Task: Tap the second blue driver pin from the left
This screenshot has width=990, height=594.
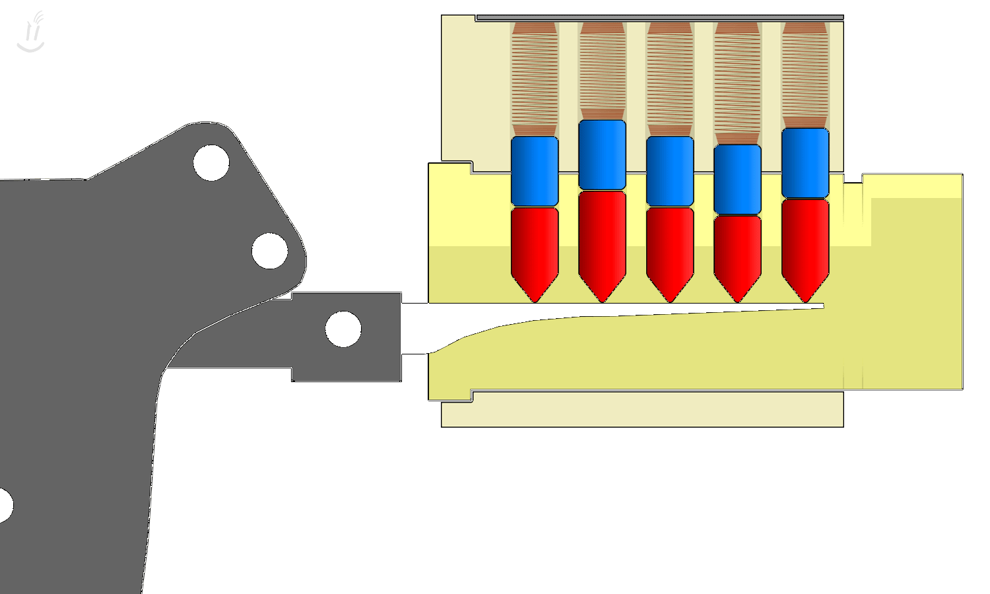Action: [602, 155]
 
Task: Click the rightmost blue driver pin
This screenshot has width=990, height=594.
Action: [805, 163]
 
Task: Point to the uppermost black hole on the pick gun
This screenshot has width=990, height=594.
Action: [211, 163]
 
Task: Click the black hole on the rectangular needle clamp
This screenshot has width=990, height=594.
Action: [343, 329]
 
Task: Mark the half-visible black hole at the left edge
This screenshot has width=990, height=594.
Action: [4, 506]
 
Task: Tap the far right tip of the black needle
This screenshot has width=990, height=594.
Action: [822, 306]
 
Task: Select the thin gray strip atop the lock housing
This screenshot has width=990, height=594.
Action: [660, 17]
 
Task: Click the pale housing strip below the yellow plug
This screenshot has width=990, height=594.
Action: [642, 411]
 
